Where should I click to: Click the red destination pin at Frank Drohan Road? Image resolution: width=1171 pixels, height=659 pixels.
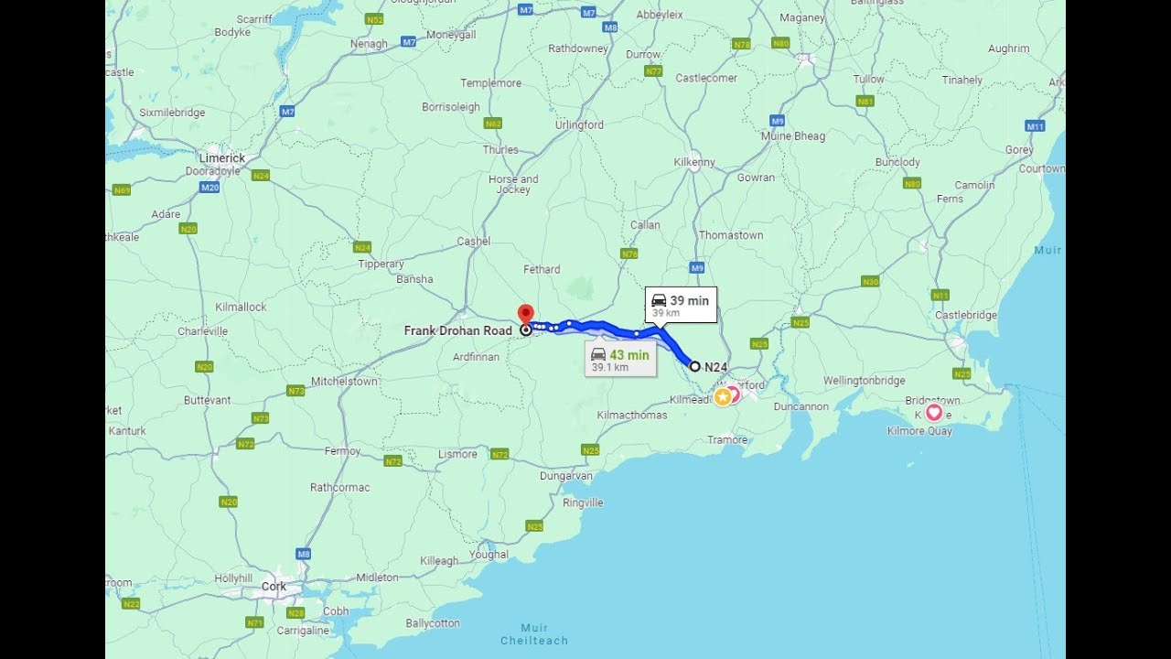[525, 314]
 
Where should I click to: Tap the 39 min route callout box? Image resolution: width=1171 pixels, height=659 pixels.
[681, 305]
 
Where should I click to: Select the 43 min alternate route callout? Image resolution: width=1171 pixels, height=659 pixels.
[620, 360]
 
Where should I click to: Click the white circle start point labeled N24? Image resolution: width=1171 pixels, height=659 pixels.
[694, 366]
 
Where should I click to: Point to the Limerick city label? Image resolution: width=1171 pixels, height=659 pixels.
[222, 158]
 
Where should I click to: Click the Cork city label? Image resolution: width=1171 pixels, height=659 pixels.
[274, 587]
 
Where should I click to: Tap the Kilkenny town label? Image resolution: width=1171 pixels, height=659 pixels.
[694, 163]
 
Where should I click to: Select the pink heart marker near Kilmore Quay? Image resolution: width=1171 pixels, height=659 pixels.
[933, 412]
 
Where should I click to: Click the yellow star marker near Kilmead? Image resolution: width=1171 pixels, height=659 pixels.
[722, 396]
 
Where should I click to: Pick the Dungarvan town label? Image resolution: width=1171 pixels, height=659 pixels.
[566, 476]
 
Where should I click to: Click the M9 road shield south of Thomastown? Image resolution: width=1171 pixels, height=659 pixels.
[697, 268]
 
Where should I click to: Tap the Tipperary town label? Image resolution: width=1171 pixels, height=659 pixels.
[381, 264]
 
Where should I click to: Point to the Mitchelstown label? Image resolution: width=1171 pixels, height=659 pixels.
[344, 382]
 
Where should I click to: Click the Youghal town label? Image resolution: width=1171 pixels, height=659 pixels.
[489, 555]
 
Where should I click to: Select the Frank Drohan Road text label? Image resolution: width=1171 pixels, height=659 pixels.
[457, 330]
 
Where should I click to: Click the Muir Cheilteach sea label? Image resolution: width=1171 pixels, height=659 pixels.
[534, 634]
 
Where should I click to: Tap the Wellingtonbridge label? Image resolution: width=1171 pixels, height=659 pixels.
[864, 381]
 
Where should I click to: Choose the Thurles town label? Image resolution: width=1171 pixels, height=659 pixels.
[500, 150]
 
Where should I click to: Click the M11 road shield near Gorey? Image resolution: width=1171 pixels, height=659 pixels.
[1035, 126]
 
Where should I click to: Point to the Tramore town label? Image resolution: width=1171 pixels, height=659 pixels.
[727, 440]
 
